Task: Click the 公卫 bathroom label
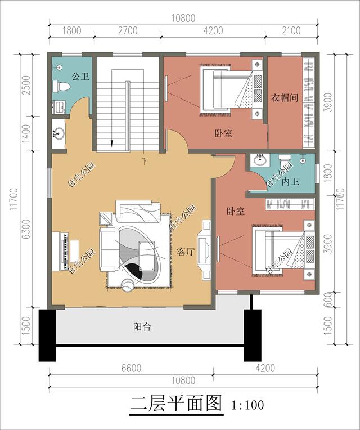pyautogui.click(x=80, y=76)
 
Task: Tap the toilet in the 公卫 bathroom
pyautogui.click(x=61, y=86)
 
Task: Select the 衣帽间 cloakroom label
pyautogui.click(x=285, y=97)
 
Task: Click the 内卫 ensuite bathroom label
pyautogui.click(x=290, y=181)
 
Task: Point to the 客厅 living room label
pyautogui.click(x=186, y=252)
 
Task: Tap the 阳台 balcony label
pyautogui.click(x=142, y=326)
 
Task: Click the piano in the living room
pyautogui.click(x=64, y=252)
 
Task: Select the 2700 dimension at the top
pyautogui.click(x=128, y=30)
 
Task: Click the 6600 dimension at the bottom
pyautogui.click(x=132, y=368)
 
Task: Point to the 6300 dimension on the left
pyautogui.click(x=26, y=229)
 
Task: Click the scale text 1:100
pyautogui.click(x=248, y=405)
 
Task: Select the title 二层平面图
pyautogui.click(x=176, y=403)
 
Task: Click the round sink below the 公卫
pyautogui.click(x=58, y=133)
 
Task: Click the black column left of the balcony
pyautogui.click(x=47, y=335)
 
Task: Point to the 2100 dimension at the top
pyautogui.click(x=291, y=30)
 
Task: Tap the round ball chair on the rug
pyautogui.click(x=128, y=285)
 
